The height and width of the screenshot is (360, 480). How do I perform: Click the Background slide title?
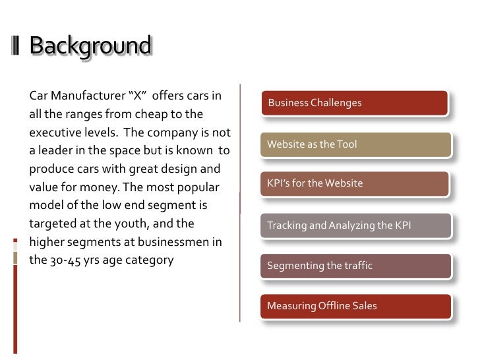90,47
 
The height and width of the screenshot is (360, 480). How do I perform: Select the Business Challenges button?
355,103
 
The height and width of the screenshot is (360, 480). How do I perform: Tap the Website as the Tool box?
355,144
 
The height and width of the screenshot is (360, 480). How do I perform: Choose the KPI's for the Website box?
355,183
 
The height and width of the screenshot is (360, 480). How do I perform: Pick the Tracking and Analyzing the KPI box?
355,225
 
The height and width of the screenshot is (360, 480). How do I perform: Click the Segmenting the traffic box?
355,266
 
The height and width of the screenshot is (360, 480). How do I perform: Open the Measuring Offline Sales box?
355,306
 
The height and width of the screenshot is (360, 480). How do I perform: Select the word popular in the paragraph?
195,187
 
